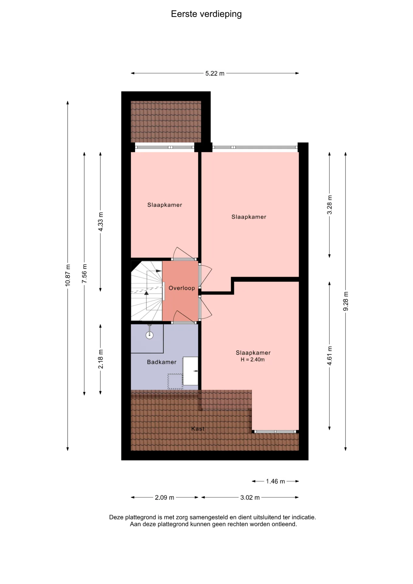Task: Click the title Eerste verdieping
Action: click(206, 14)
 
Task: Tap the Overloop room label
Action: click(182, 288)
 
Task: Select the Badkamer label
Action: click(161, 362)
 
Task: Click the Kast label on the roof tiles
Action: click(198, 429)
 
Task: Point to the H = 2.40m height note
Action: click(253, 360)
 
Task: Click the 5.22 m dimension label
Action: click(215, 73)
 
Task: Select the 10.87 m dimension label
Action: click(68, 275)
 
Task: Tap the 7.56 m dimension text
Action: click(84, 274)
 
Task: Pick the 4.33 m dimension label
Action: click(101, 222)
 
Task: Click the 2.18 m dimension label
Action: click(101, 359)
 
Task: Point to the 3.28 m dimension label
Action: click(329, 205)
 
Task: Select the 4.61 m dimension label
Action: click(329, 356)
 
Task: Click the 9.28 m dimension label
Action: click(345, 301)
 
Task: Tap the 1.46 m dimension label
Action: click(275, 481)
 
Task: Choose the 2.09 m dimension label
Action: click(165, 497)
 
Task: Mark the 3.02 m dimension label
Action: click(250, 497)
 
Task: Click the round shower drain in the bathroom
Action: click(149, 335)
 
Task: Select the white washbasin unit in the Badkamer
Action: click(190, 371)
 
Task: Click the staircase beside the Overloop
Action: click(147, 291)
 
